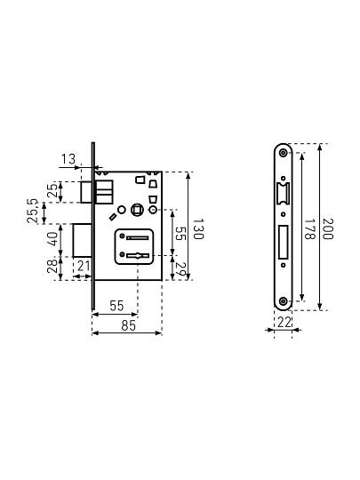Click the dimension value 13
68,159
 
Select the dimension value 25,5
33,211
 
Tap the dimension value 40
52,239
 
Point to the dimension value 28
52,266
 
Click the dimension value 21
84,266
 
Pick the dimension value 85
128,325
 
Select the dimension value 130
198,228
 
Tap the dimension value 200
327,228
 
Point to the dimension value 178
309,228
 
